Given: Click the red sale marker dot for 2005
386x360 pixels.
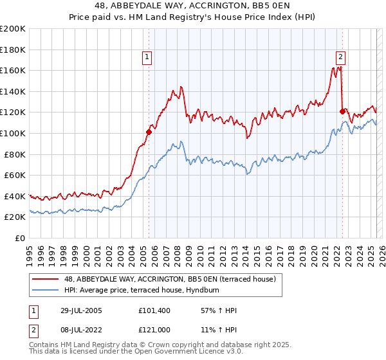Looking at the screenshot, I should [149, 132].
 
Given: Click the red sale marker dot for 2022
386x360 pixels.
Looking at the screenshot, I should [342, 111].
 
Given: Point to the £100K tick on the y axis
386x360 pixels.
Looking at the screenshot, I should [13, 133].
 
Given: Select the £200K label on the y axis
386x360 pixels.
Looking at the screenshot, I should [13, 29].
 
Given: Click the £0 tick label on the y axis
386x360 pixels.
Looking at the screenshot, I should [19, 238].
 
